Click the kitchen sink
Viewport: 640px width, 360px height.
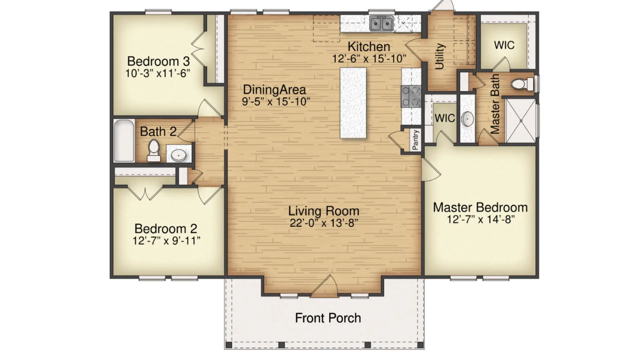(381, 24)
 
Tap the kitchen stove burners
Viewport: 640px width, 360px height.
(411, 96)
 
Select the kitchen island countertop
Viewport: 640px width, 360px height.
(353, 103)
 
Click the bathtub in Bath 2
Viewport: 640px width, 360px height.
(124, 141)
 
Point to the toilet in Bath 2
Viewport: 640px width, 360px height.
(154, 151)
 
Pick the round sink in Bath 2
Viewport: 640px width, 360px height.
(179, 155)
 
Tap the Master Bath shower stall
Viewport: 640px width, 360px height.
(520, 120)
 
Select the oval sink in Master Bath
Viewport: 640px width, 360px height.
(467, 119)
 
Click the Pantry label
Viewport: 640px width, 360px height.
(415, 140)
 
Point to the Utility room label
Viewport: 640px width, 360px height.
(440, 56)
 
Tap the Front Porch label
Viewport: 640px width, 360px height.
(328, 318)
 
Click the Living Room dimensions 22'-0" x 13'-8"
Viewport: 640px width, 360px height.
(324, 223)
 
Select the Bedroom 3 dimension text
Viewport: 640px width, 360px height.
(158, 73)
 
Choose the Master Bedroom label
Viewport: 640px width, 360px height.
(480, 207)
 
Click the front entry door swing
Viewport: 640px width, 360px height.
(324, 286)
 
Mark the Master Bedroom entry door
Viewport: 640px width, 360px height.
(431, 170)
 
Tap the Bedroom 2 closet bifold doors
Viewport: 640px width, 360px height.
(145, 193)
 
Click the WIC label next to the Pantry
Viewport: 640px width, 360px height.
(445, 118)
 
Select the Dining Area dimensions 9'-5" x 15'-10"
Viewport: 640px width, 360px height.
(276, 101)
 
